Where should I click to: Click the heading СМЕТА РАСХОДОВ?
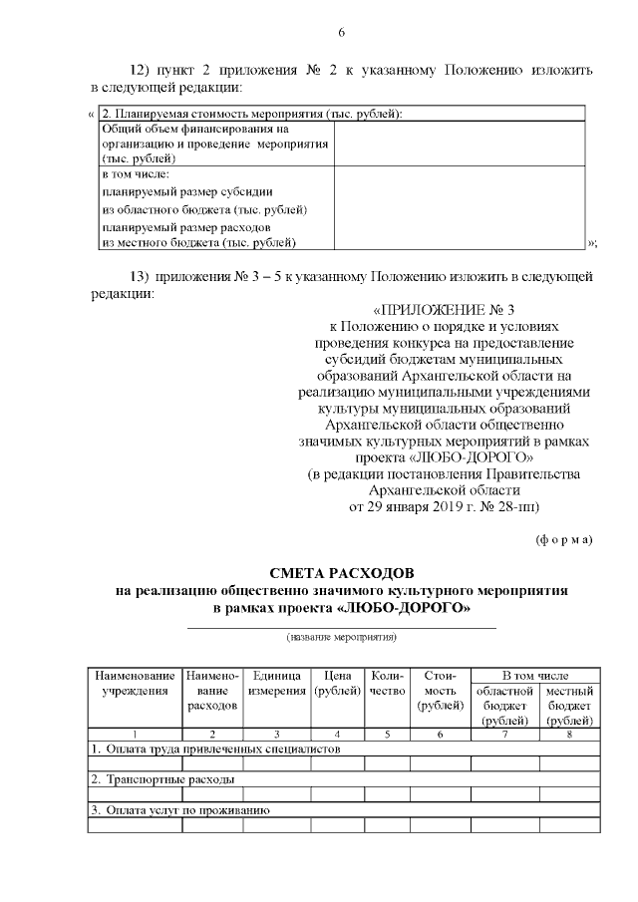tap(341, 573)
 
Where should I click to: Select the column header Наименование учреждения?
tap(135, 683)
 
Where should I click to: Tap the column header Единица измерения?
tap(276, 683)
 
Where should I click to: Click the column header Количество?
tap(386, 683)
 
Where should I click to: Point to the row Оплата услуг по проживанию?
tap(180, 810)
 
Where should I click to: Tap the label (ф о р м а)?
tap(564, 539)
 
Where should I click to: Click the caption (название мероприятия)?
tap(341, 636)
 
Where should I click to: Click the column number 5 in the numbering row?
tap(386, 734)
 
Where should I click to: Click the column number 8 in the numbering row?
tap(570, 734)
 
